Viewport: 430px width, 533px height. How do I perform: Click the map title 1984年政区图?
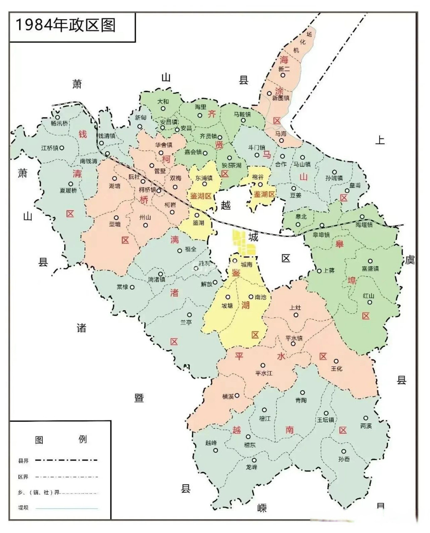pos(65,25)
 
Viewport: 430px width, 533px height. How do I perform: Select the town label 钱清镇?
pos(107,136)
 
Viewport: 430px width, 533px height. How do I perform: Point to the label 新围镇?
pos(281,99)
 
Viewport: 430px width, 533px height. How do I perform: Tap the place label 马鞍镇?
pos(242,114)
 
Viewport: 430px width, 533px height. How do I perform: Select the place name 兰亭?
pos(186,322)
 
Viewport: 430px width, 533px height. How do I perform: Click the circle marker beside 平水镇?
pos(293,344)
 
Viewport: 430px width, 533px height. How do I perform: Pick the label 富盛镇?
pos(370,269)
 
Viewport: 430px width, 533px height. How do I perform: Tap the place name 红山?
pos(369,296)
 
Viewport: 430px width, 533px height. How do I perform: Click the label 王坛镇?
pos(326,420)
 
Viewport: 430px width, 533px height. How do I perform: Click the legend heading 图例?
pos(60,439)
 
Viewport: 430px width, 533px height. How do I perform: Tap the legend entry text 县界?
pos(23,461)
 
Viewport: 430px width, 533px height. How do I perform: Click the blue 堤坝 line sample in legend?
pos(67,508)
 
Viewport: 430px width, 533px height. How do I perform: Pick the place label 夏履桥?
pos(68,190)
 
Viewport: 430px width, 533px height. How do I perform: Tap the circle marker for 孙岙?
pos(344,451)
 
